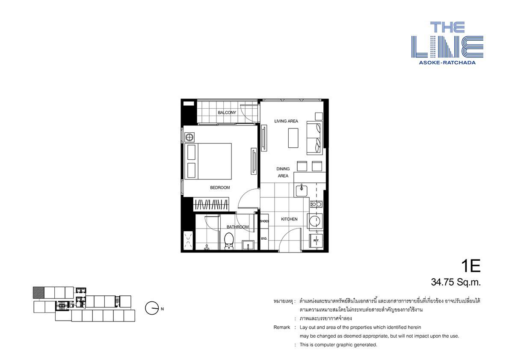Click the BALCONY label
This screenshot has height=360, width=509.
(227, 113)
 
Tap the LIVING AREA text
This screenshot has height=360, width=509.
(286, 121)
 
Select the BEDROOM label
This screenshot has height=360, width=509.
(220, 187)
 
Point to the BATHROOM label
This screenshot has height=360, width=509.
(238, 227)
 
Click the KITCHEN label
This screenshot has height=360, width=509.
(289, 219)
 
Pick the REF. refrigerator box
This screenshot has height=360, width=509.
(316, 241)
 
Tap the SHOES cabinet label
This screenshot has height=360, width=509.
(264, 221)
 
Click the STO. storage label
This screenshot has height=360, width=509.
(264, 238)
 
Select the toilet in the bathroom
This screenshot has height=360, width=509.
(229, 241)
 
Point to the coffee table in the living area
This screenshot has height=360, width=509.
(293, 138)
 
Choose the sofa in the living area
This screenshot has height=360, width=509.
(314, 138)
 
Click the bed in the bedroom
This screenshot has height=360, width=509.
(208, 161)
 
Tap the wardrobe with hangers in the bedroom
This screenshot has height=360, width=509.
(211, 204)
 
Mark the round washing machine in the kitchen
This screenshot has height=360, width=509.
(314, 222)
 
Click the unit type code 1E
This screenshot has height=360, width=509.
(471, 266)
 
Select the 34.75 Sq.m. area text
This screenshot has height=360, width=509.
(456, 283)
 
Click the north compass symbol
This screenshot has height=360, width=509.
(151, 308)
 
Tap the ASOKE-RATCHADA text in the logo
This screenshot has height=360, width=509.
(447, 62)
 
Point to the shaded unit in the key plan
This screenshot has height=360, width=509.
(38, 292)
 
